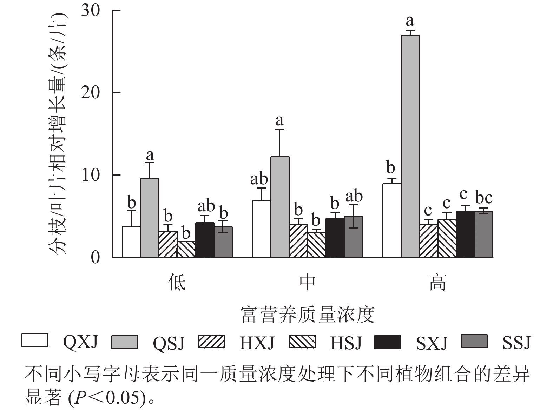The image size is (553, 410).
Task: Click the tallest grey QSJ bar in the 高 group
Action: (x=410, y=146)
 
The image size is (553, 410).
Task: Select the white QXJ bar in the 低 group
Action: (x=131, y=242)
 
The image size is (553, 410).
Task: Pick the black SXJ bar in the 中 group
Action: (x=335, y=238)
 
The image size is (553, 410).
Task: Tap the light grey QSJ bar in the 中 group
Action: (x=280, y=207)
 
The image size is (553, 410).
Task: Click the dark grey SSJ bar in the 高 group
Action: (x=484, y=234)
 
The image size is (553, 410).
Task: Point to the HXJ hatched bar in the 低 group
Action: (x=168, y=244)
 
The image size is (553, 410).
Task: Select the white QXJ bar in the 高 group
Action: (x=392, y=220)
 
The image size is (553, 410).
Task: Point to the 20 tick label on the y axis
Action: (x=90, y=93)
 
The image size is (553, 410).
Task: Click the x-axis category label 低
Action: (x=177, y=282)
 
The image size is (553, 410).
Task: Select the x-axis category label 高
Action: (x=437, y=282)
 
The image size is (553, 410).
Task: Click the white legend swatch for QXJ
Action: (x=35, y=341)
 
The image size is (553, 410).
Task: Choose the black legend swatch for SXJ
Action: (x=388, y=342)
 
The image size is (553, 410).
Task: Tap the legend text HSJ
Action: (x=345, y=343)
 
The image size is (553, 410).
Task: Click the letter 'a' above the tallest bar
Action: (x=410, y=21)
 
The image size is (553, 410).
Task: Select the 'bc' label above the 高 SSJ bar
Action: (x=483, y=198)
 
